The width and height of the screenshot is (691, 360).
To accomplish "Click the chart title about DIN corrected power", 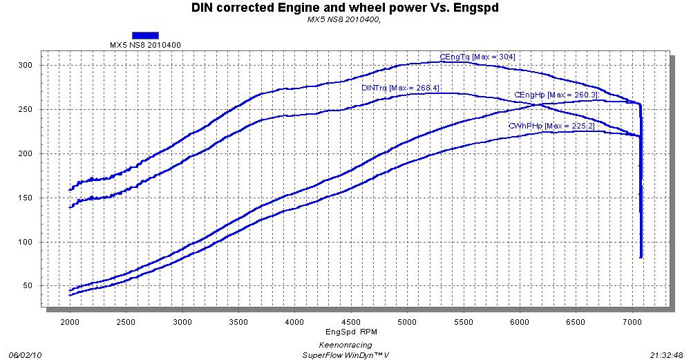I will [345, 9].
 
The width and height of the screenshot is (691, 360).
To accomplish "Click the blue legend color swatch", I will [145, 35].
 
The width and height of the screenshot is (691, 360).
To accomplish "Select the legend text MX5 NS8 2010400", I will [145, 45].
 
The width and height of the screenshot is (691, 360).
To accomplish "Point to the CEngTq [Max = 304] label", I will [477, 57].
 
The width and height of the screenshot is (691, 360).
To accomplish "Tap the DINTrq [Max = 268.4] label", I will [400, 88].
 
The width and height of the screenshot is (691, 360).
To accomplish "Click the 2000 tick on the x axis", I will [70, 322].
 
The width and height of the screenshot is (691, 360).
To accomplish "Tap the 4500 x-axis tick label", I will [351, 322].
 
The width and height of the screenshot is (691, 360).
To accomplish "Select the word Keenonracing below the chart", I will [345, 344].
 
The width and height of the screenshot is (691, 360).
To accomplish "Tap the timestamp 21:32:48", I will [667, 354].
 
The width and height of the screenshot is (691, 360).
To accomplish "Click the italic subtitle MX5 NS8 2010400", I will [344, 20].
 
